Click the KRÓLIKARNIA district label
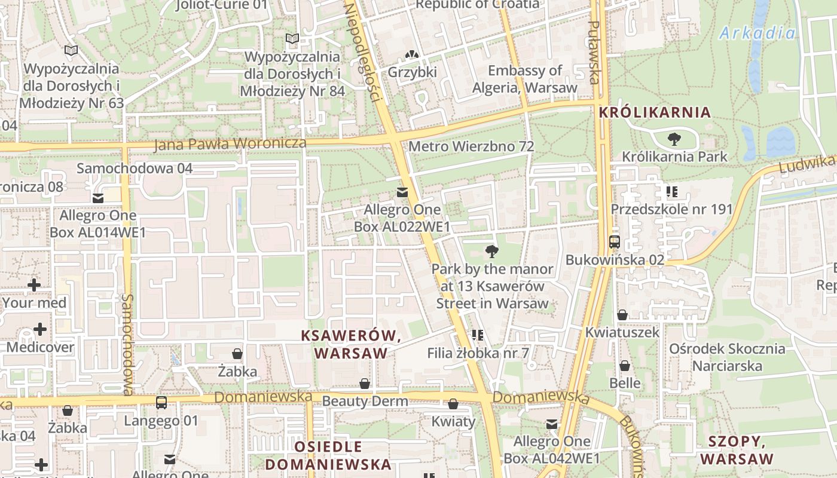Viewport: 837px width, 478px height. [655, 112]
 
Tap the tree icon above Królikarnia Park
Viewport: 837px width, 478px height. [674, 140]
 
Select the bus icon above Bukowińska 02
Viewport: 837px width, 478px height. [614, 242]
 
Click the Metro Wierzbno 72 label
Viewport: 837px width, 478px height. [471, 146]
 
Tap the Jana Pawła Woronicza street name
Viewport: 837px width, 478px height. [230, 144]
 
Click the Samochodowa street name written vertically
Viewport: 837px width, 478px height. [127, 344]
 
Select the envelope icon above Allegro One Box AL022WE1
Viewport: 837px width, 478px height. [402, 192]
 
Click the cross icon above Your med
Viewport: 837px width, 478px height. [34, 285]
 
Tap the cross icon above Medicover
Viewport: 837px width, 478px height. [40, 329]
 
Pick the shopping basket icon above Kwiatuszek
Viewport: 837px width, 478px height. [622, 315]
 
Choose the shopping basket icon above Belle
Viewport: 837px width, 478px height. [625, 366]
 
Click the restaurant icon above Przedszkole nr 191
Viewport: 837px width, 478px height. [671, 192]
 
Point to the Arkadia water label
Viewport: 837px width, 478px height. [757, 33]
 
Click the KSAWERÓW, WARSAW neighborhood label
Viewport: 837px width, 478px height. [352, 344]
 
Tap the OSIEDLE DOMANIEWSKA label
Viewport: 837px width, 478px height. [328, 455]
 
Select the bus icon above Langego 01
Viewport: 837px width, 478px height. [161, 403]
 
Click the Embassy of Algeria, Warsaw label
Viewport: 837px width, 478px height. [525, 79]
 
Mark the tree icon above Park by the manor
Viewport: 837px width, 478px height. [492, 252]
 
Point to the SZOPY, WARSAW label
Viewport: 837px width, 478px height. [737, 451]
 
